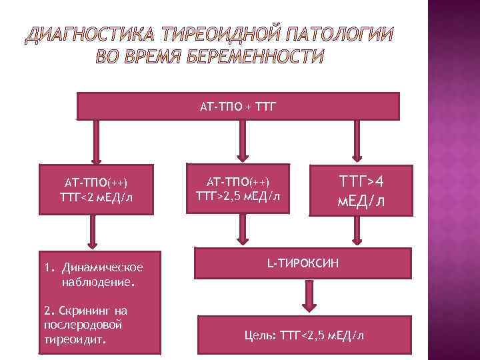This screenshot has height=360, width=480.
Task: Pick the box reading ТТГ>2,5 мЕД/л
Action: tap(239, 189)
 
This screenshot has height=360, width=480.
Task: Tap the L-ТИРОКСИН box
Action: tap(303, 264)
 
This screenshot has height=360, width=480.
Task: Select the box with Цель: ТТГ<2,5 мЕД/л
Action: tap(303, 335)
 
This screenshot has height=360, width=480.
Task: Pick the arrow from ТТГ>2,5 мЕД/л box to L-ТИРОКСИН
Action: tap(239, 230)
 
